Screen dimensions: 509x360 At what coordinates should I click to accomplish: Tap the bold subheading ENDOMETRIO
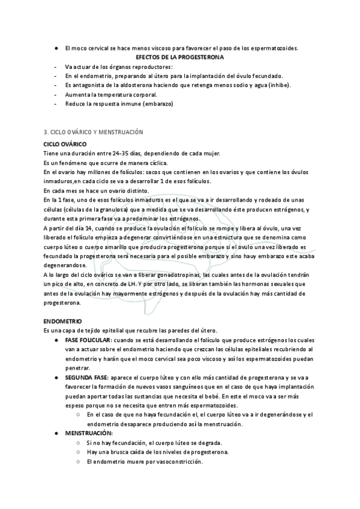[63, 322]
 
